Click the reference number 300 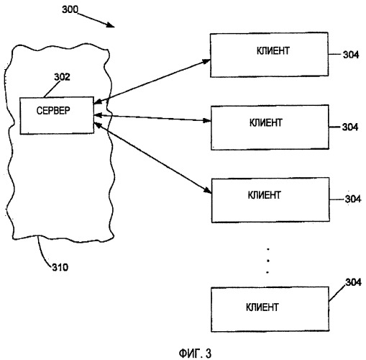click(70, 9)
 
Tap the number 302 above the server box click(62, 77)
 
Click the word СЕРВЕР click(53, 111)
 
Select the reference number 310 click(60, 267)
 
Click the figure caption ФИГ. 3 click(195, 354)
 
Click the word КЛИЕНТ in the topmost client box click(273, 51)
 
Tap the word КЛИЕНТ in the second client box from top click(265, 123)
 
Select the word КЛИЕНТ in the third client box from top click(264, 195)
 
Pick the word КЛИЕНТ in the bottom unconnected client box click(262, 307)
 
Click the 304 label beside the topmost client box click(351, 55)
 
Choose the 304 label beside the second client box click(350, 127)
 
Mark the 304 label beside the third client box click(353, 199)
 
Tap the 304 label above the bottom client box click(353, 282)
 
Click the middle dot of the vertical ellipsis click(267, 261)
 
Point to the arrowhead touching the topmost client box click(206, 61)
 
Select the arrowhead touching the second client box click(206, 120)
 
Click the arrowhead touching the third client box click(207, 190)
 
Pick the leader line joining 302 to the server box click(52, 89)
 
